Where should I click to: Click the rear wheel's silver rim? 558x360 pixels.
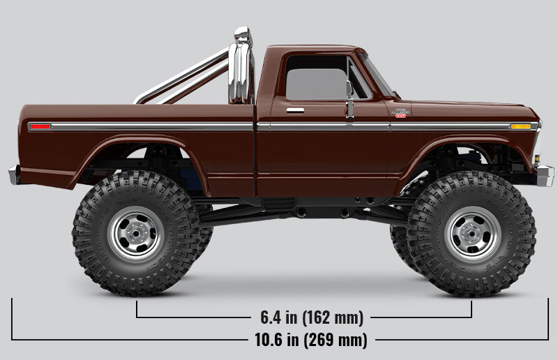coord(137,233)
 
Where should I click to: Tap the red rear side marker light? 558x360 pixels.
coord(40,126)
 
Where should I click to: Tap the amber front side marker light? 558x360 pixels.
coord(520,126)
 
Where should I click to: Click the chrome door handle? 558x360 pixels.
coord(295,110)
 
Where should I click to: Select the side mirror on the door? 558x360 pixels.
coord(349,98)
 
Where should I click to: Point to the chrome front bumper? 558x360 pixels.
coord(544,175)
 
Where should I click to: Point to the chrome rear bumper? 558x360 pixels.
coord(14,174)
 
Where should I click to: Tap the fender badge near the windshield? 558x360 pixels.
coord(400,112)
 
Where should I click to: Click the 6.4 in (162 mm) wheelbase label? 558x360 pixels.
coord(312,317)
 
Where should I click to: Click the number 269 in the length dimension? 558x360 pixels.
coord(333,340)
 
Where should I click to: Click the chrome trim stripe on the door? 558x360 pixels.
coord(328,127)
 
